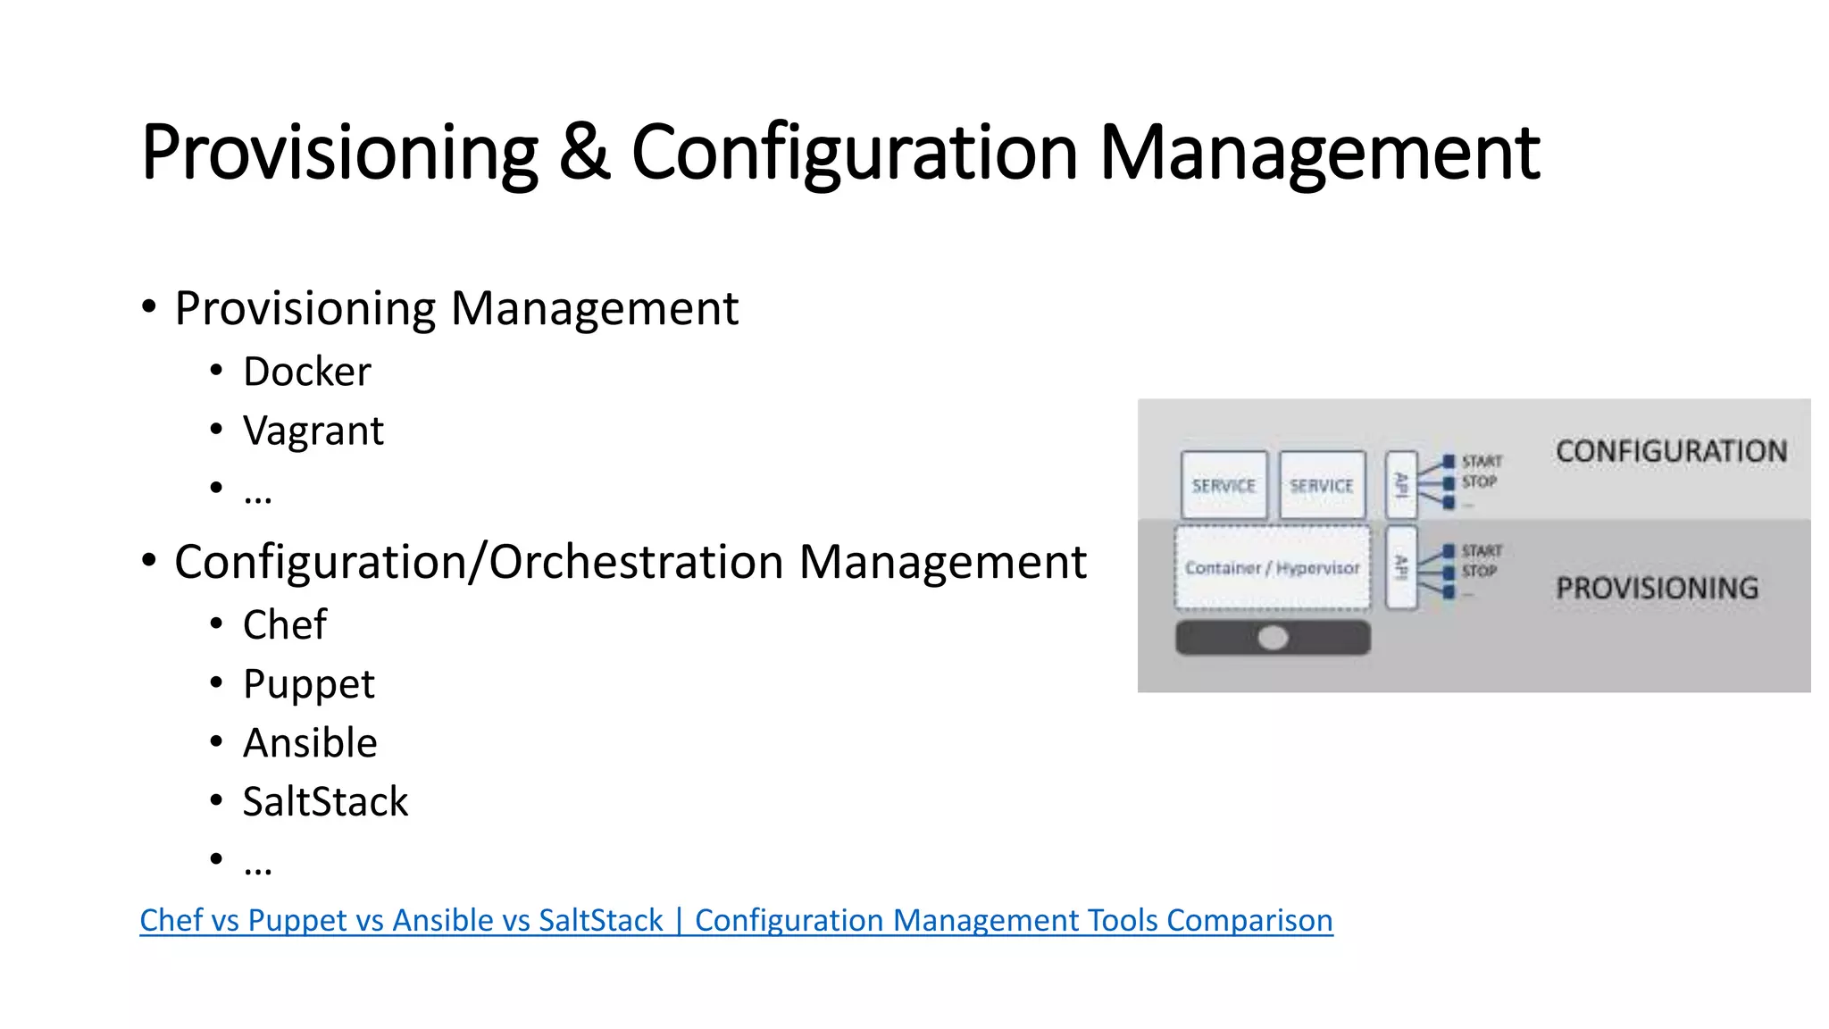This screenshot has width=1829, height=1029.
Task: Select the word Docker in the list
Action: [x=306, y=372]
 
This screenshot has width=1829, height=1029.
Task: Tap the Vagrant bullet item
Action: [x=313, y=431]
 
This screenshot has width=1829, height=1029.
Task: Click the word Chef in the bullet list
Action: [x=285, y=624]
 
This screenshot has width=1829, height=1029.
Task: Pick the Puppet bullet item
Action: [x=308, y=684]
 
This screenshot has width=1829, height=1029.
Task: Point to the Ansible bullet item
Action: [x=310, y=743]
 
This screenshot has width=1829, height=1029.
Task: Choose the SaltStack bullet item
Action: [x=325, y=802]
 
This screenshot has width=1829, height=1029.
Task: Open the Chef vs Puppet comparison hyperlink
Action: [x=736, y=920]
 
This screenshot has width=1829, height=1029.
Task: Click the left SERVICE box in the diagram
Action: [x=1224, y=485]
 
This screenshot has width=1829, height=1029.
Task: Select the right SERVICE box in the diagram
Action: [x=1322, y=485]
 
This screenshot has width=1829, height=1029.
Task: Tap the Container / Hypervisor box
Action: [x=1272, y=568]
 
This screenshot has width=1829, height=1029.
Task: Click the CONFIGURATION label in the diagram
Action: [x=1671, y=452]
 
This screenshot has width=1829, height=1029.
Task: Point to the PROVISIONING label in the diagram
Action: [x=1657, y=589]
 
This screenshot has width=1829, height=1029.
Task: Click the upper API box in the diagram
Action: [x=1401, y=485]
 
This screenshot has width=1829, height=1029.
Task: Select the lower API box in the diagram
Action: [x=1401, y=568]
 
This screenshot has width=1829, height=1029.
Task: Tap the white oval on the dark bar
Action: [x=1273, y=638]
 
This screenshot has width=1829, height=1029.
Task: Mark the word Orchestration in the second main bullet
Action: [x=637, y=563]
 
